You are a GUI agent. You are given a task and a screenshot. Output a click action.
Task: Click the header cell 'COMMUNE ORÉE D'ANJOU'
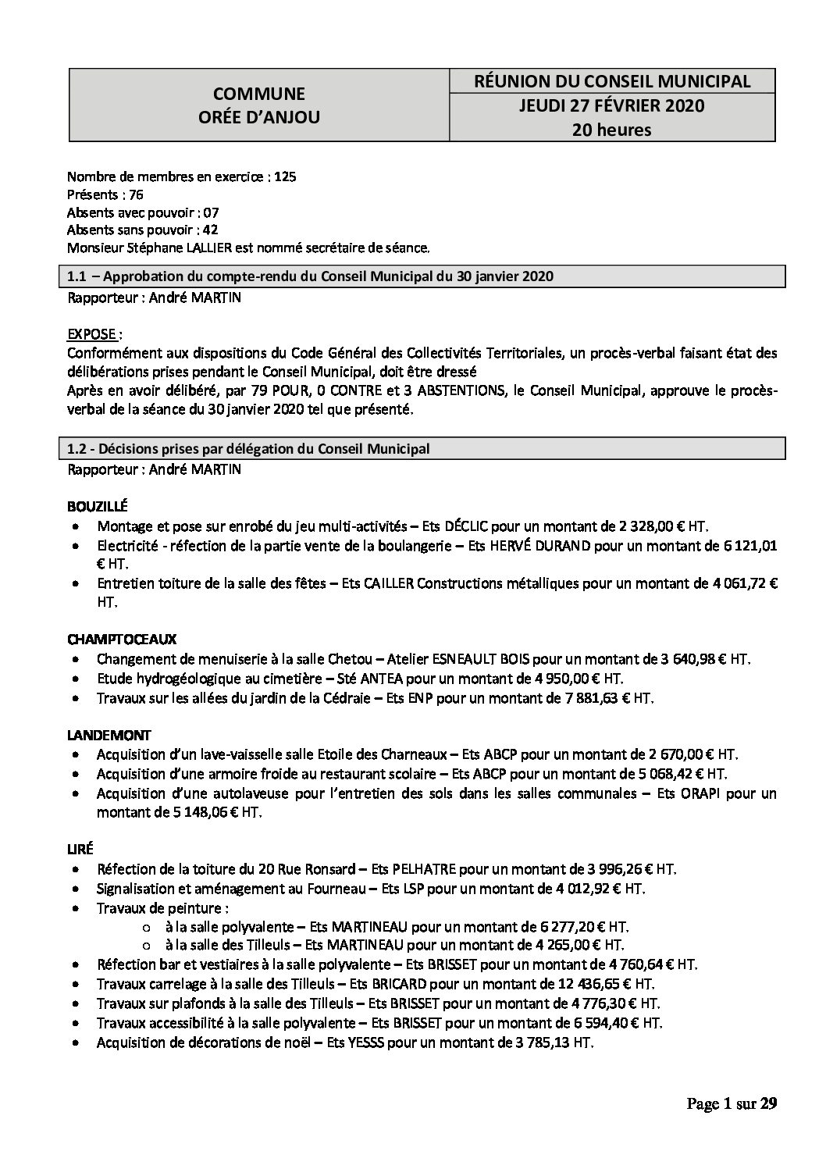tap(259, 105)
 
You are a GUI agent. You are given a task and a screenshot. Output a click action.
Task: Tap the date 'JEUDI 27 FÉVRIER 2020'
tap(612, 105)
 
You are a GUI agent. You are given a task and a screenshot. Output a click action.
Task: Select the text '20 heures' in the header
tap(612, 130)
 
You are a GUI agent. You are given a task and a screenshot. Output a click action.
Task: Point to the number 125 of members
tap(286, 177)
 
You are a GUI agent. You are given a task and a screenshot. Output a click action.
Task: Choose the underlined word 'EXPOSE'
tap(92, 334)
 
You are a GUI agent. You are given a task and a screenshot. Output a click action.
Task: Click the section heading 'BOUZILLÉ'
tap(98, 506)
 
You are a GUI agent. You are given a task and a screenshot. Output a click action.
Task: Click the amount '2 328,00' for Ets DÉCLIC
tap(625, 526)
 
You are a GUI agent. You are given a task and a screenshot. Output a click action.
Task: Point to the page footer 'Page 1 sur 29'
tap(732, 1103)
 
